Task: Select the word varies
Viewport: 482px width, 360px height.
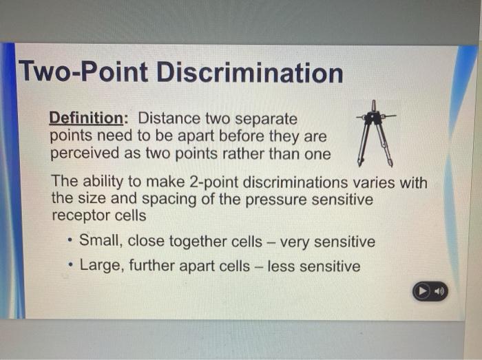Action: tap(376, 183)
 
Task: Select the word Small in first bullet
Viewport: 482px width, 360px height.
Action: tap(101, 242)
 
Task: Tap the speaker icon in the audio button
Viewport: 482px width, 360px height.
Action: tap(438, 292)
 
